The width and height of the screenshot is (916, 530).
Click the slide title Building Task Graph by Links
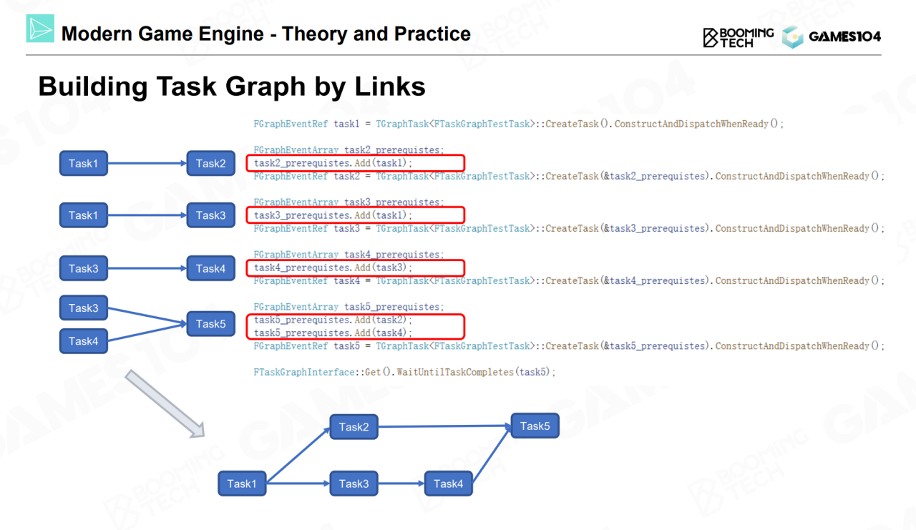231,87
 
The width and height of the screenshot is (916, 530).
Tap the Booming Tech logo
738,37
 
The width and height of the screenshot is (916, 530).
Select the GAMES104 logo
831,37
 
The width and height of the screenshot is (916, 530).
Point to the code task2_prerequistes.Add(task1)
333,163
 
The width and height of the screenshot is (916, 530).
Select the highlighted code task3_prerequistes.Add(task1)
333,215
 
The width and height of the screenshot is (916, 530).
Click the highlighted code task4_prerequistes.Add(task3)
333,268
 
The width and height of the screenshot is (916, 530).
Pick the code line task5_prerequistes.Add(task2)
333,320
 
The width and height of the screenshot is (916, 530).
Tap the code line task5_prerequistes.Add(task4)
333,333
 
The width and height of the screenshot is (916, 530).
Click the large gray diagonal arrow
165,403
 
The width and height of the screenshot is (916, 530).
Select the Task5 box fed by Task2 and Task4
535,426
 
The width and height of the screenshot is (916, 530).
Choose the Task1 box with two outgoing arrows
242,484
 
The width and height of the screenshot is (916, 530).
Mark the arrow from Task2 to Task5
444,427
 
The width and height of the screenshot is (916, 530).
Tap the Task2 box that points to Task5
354,427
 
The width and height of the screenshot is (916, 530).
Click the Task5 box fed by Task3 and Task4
210,324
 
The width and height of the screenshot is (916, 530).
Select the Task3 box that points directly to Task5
84,308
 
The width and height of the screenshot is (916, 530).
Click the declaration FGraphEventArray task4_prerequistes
349,255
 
